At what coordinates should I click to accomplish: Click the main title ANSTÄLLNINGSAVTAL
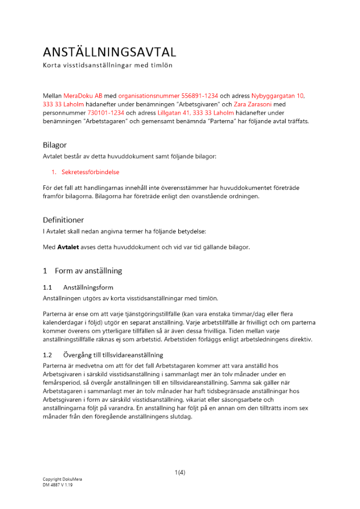click(x=109, y=52)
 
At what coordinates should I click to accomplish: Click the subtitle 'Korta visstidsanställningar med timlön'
click(x=107, y=66)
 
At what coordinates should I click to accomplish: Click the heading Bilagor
click(x=54, y=145)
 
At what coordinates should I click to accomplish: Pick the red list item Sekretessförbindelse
click(x=90, y=172)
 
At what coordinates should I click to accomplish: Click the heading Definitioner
click(x=63, y=220)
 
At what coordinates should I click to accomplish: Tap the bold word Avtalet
click(x=67, y=247)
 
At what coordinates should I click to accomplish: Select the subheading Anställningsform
click(x=88, y=288)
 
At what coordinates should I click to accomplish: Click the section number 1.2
click(x=48, y=355)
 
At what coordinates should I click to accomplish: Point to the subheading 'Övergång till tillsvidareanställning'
click(x=113, y=355)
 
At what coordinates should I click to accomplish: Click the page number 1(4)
click(x=180, y=472)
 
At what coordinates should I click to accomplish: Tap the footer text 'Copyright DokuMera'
click(x=62, y=479)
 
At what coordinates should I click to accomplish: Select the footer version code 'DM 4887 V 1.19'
click(x=58, y=485)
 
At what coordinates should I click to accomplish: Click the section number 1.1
click(x=48, y=288)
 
